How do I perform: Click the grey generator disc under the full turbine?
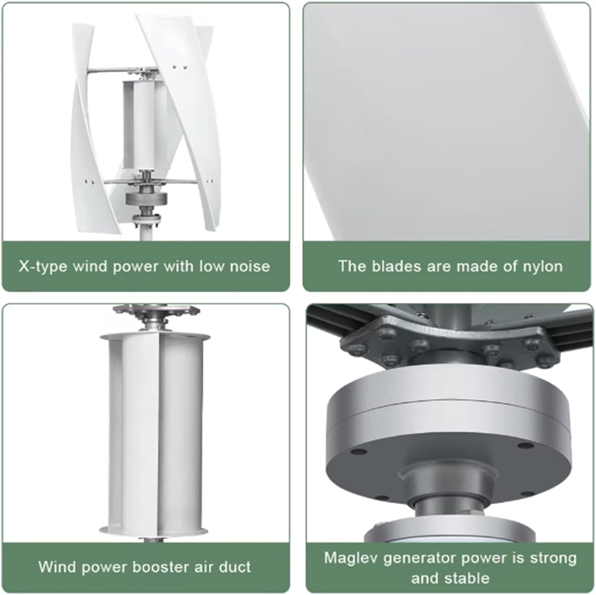point(147,198)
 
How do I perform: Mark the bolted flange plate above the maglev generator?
point(449,342)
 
